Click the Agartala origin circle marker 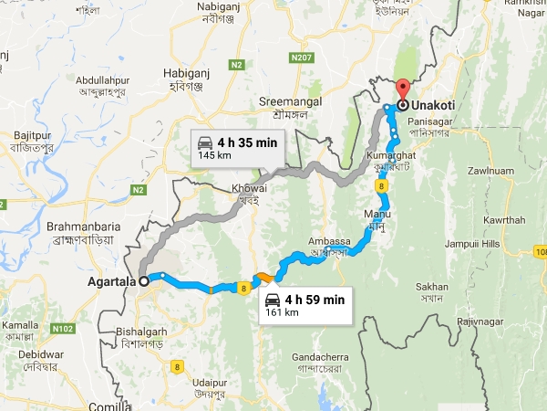tap(143, 281)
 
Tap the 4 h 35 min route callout tap(236, 148)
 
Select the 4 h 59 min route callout tap(304, 305)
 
